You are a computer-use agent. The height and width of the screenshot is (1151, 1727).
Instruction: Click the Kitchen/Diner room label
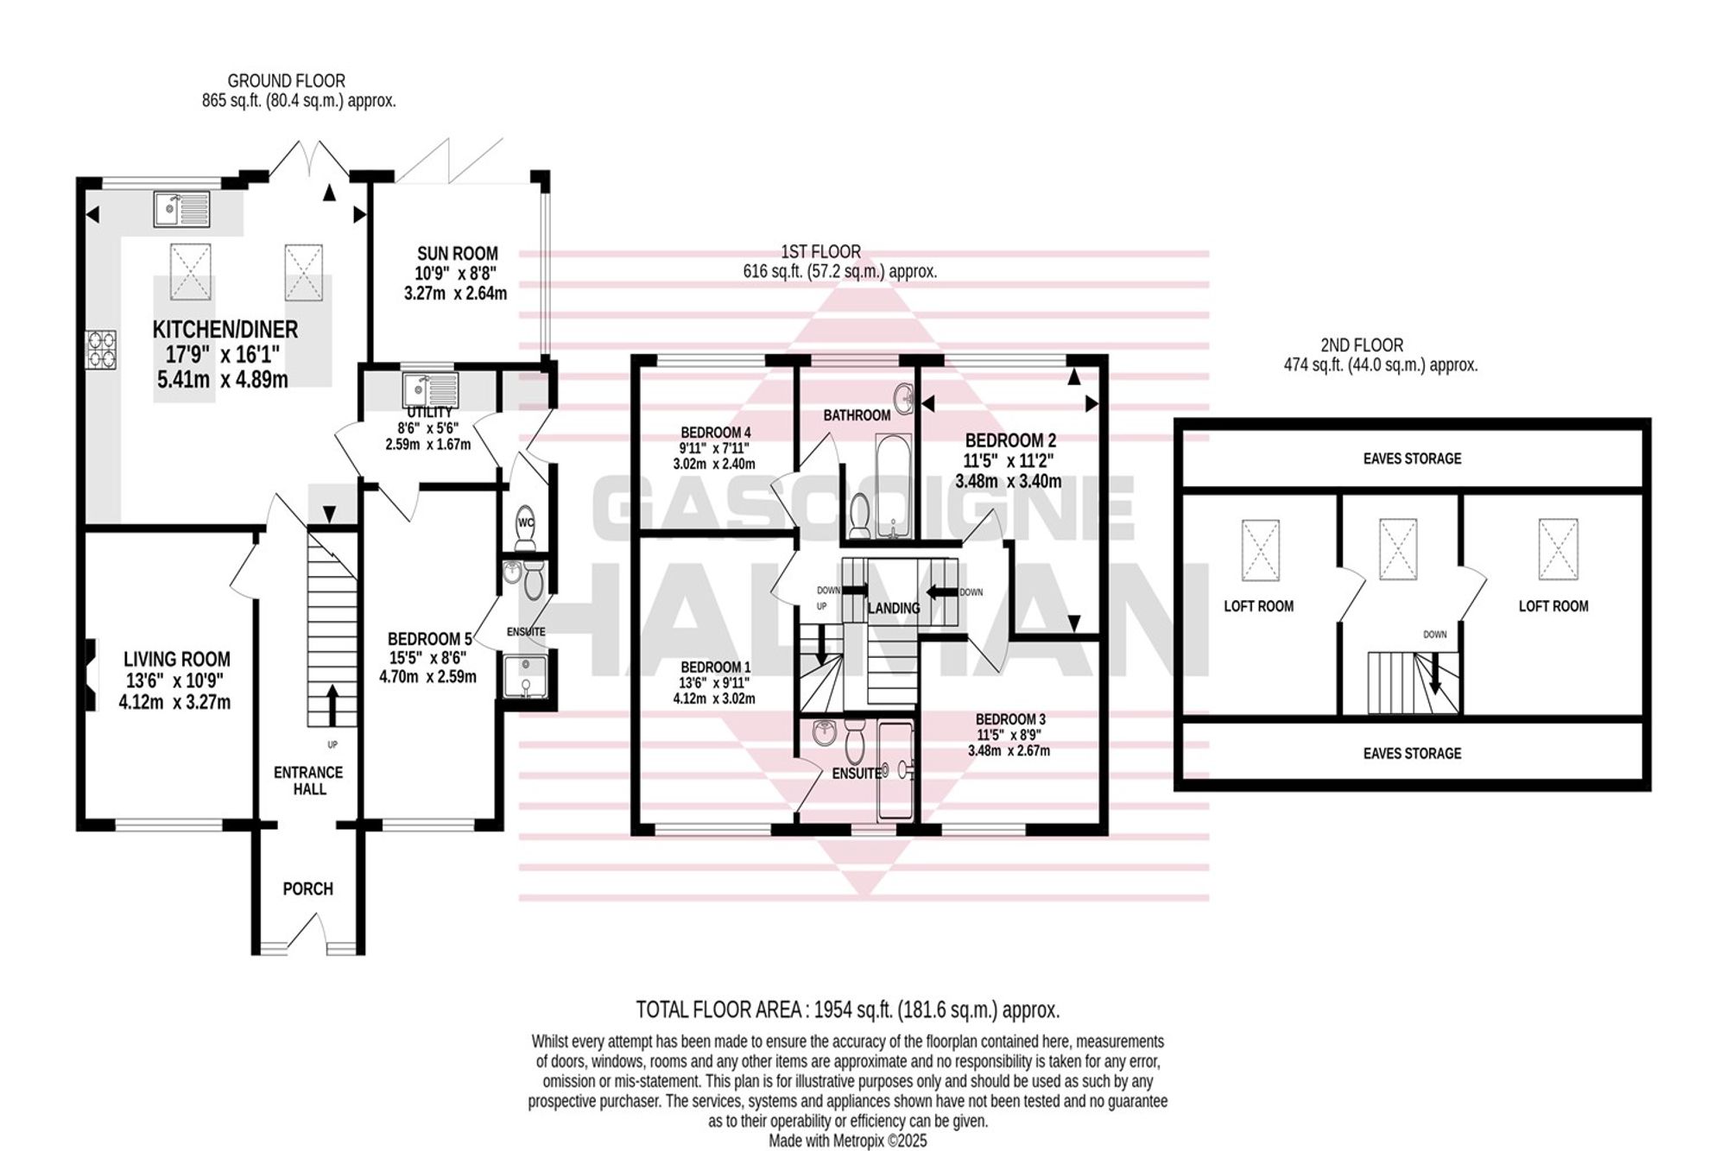pyautogui.click(x=225, y=329)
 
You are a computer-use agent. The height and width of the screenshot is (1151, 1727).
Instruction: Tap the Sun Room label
pyautogui.click(x=458, y=254)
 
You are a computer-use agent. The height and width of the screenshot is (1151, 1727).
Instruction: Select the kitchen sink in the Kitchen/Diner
pyautogui.click(x=181, y=208)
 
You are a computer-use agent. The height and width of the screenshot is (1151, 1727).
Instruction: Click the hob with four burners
pyautogui.click(x=101, y=350)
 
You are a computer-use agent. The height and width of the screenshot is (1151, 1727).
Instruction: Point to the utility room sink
pyautogui.click(x=430, y=389)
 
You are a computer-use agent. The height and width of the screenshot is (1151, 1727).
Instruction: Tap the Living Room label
pyautogui.click(x=177, y=660)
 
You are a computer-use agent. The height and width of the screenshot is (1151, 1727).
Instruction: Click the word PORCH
pyautogui.click(x=308, y=889)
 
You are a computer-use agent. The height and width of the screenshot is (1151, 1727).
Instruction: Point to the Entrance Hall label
pyautogui.click(x=308, y=781)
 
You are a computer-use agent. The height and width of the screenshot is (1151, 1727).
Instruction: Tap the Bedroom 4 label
pyautogui.click(x=716, y=433)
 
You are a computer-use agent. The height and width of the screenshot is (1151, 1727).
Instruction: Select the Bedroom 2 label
pyautogui.click(x=1010, y=440)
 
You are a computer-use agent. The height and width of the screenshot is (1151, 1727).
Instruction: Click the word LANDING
pyautogui.click(x=894, y=608)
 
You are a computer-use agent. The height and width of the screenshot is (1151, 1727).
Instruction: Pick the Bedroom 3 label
pyautogui.click(x=1010, y=719)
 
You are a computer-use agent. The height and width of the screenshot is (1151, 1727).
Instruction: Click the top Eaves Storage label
pyautogui.click(x=1413, y=459)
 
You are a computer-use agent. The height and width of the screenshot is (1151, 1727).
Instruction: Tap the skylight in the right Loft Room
pyautogui.click(x=1558, y=549)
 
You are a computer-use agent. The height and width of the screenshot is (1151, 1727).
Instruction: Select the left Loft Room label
pyautogui.click(x=1259, y=606)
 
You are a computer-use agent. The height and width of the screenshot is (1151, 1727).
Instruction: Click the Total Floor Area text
pyautogui.click(x=848, y=1009)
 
